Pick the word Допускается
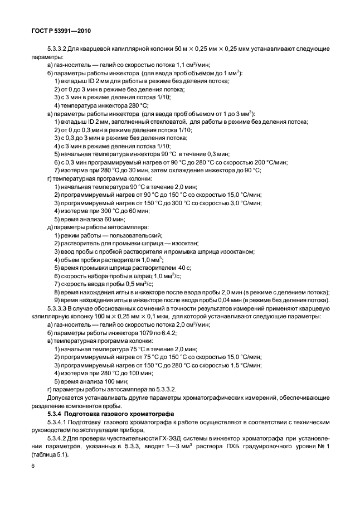click(68, 397)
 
